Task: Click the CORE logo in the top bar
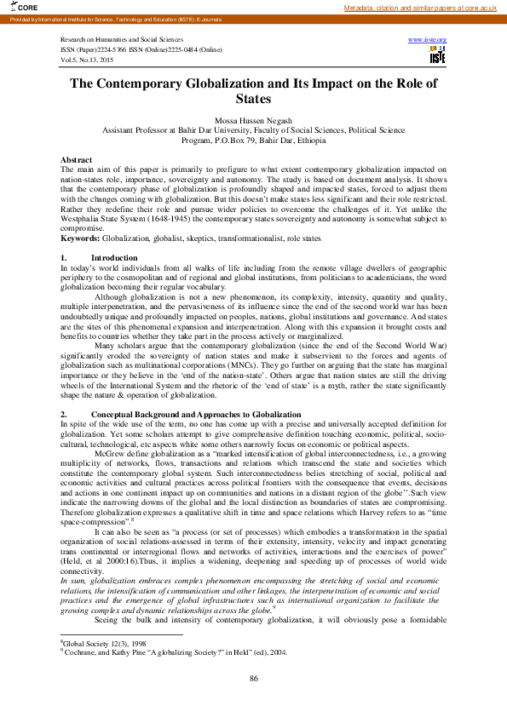click(x=16, y=8)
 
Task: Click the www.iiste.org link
click(x=428, y=40)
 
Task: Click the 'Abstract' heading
click(x=76, y=160)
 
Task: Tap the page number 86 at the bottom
click(x=253, y=678)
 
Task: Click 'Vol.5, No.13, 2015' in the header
click(x=87, y=59)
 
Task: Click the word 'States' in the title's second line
click(x=253, y=99)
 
